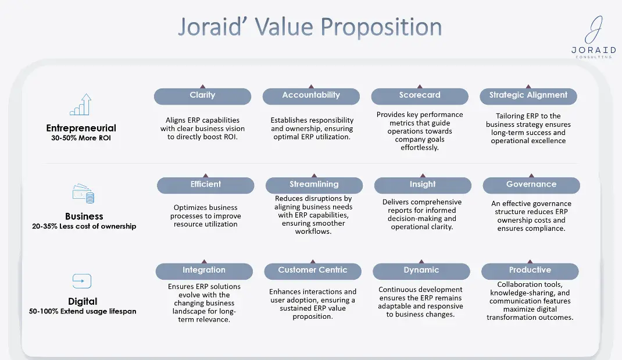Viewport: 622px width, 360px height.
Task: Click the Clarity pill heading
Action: (x=202, y=96)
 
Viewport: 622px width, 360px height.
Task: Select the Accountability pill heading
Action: (x=311, y=96)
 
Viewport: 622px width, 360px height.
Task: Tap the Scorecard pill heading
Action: (x=420, y=96)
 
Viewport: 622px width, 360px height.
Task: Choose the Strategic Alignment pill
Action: (x=528, y=96)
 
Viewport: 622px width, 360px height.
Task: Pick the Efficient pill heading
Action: (x=205, y=186)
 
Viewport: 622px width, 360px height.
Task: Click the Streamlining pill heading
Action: (x=314, y=186)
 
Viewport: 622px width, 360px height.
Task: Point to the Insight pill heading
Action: (x=423, y=186)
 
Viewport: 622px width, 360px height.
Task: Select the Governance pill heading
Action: (x=531, y=186)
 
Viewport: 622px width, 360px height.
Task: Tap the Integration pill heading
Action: (x=204, y=271)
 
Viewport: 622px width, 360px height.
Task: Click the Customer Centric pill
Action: (x=313, y=271)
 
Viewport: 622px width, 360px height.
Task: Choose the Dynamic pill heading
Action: (x=421, y=271)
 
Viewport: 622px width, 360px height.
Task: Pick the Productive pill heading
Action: (x=530, y=271)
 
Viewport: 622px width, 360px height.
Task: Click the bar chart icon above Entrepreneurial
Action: (x=81, y=105)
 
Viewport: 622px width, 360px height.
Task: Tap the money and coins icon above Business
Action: (x=83, y=194)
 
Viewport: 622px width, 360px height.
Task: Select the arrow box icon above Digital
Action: (x=82, y=281)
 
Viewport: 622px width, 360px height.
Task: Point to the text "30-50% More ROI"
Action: (x=81, y=138)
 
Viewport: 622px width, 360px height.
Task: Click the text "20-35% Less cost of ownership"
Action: (x=84, y=226)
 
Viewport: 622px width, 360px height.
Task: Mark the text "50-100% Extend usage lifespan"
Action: (x=83, y=311)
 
